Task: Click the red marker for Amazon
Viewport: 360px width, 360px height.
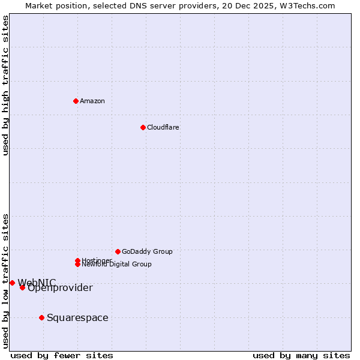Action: (76, 101)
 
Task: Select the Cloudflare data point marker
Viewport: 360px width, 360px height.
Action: (143, 127)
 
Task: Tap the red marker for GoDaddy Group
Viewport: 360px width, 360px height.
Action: (118, 251)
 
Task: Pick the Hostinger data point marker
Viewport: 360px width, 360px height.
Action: (77, 260)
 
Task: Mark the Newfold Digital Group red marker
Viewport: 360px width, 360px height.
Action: (77, 264)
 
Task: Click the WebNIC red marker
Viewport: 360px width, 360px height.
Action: (12, 283)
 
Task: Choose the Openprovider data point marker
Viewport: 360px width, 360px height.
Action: (22, 287)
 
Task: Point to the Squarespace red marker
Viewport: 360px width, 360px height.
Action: (41, 317)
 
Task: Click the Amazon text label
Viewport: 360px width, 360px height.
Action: (92, 101)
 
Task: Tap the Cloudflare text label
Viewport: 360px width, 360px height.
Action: (163, 127)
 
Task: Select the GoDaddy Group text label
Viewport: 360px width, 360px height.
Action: (147, 251)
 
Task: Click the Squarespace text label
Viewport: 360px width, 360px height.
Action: (77, 317)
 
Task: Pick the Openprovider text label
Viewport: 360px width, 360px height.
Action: (60, 288)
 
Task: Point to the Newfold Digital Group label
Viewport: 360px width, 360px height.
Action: (116, 265)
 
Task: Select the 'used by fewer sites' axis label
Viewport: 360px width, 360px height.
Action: (62, 355)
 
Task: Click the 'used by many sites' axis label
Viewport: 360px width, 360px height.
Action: (301, 355)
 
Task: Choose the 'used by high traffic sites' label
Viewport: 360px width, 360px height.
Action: (5, 85)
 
